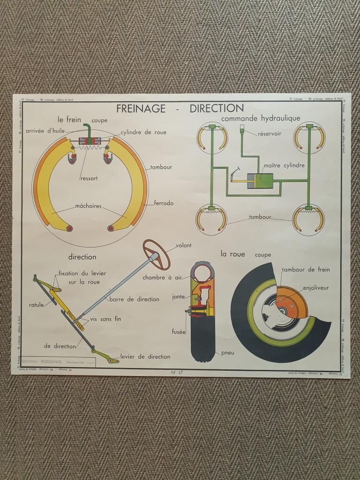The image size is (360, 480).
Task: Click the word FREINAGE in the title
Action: [x=141, y=109]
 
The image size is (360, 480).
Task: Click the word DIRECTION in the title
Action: [x=217, y=109]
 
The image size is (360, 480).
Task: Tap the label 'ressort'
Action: [x=89, y=178]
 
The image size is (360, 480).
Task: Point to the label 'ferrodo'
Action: [x=164, y=203]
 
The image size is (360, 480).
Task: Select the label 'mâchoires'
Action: [x=88, y=206]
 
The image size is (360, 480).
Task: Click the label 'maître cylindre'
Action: [x=284, y=165]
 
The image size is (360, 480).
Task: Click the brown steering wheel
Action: [x=156, y=254]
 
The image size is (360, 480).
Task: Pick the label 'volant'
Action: [x=184, y=245]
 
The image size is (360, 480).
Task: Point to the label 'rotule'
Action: [x=36, y=305]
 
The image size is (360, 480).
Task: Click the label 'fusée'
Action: [x=179, y=332]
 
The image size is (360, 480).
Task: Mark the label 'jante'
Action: [x=178, y=297]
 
